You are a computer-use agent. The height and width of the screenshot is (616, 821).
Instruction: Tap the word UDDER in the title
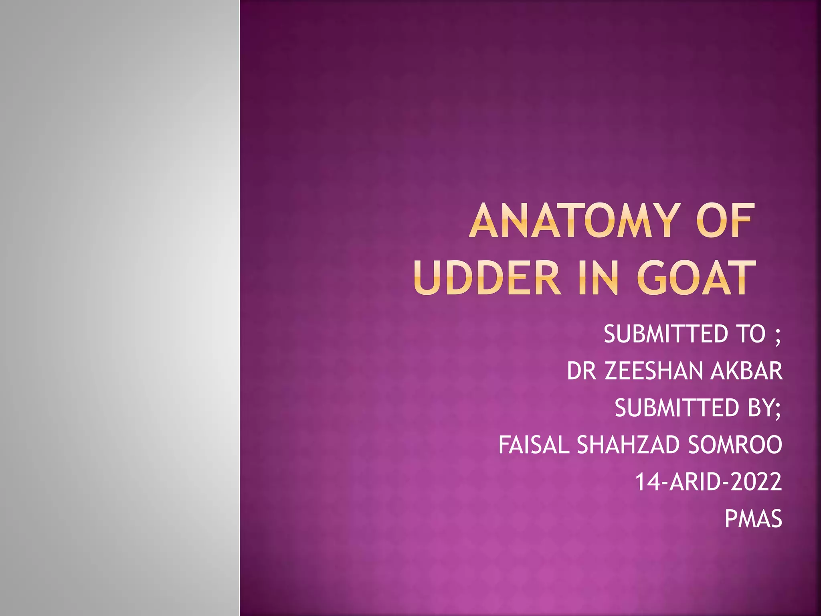click(487, 278)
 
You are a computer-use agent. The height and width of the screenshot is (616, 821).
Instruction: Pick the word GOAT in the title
click(696, 278)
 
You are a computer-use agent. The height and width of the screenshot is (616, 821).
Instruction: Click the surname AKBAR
click(746, 371)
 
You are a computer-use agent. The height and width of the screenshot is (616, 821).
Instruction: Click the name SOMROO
click(735, 445)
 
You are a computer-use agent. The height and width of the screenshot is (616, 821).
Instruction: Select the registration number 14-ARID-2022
click(709, 482)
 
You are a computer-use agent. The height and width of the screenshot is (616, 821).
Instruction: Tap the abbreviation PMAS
click(753, 519)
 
